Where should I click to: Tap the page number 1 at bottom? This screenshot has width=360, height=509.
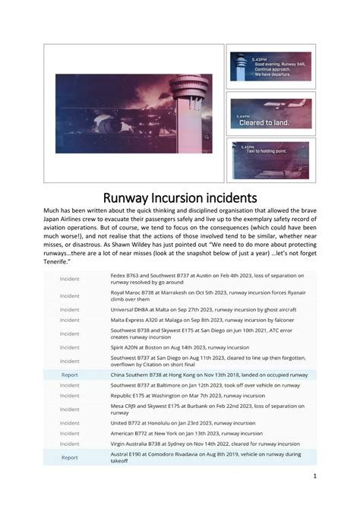[x=314, y=476]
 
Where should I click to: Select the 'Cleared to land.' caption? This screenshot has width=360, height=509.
[x=264, y=122]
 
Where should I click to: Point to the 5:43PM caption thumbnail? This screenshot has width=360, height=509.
[x=270, y=66]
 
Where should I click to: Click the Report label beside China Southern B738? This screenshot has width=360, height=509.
[x=70, y=375]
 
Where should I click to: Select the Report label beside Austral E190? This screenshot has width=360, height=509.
[x=70, y=457]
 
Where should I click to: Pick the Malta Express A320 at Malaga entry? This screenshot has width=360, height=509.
[x=182, y=321]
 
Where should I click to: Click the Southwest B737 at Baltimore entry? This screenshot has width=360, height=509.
[x=191, y=385]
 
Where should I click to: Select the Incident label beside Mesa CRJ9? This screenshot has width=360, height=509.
[x=70, y=409]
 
